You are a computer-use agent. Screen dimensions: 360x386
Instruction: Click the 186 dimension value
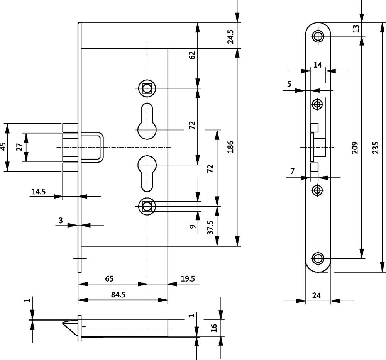click(230, 147)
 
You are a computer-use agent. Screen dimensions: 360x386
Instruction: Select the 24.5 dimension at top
click(230, 36)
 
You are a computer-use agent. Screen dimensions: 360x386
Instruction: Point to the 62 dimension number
click(192, 55)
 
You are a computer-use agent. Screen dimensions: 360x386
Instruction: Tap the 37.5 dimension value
click(210, 228)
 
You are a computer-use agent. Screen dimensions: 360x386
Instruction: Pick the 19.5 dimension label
click(188, 278)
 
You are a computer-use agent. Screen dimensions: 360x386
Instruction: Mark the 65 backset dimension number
click(109, 278)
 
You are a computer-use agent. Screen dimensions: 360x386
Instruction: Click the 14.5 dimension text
click(39, 191)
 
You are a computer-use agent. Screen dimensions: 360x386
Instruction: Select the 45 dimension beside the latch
click(3, 147)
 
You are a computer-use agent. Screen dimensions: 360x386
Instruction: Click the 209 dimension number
click(356, 147)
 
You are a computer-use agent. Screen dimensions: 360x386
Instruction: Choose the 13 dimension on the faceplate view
click(356, 29)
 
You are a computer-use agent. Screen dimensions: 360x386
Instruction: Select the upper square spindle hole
click(147, 88)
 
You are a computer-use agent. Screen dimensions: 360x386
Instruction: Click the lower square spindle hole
click(147, 206)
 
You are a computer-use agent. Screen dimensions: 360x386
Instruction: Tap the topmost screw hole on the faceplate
click(318, 36)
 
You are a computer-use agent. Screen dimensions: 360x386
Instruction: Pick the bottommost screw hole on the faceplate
click(318, 258)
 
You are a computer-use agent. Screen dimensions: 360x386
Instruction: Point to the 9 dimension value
click(192, 227)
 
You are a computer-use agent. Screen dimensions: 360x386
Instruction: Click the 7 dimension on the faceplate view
click(292, 171)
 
